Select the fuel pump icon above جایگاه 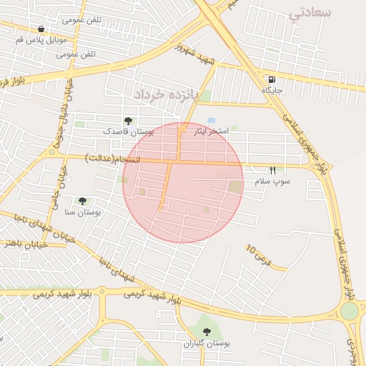click(x=271, y=79)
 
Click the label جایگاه click(x=272, y=91)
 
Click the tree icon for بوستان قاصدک click(x=128, y=121)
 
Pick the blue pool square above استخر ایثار click(x=211, y=121)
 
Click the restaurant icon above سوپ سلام click(x=272, y=170)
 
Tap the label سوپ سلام click(x=272, y=182)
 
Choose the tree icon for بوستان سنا click(x=82, y=202)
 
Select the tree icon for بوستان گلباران click(x=207, y=331)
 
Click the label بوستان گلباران click(x=207, y=344)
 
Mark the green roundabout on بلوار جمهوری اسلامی click(x=349, y=311)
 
